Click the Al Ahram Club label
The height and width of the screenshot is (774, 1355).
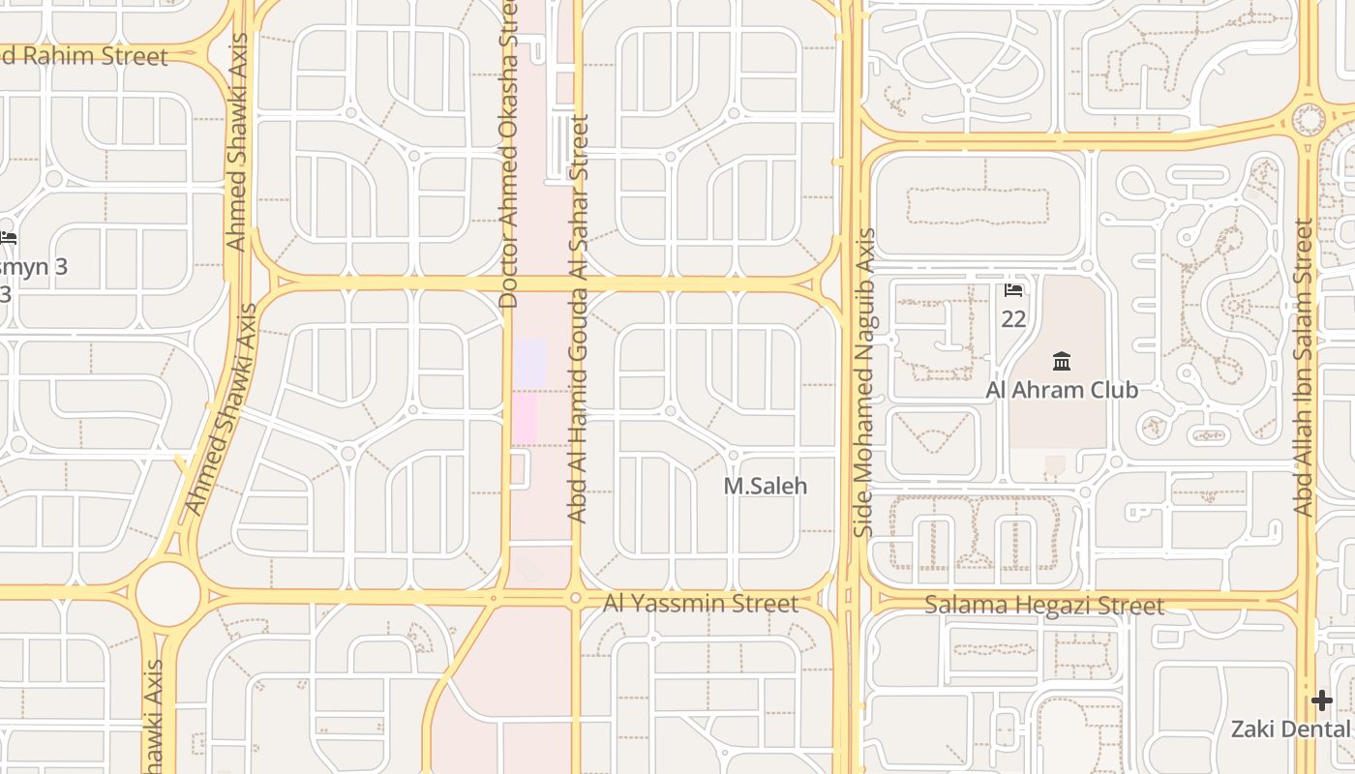(x=1061, y=390)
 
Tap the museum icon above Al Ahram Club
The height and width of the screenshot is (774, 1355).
(x=1062, y=362)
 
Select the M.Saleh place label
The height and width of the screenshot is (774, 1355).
(x=765, y=486)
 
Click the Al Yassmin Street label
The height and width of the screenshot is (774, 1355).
(x=701, y=604)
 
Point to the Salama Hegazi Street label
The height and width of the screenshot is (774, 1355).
(x=1043, y=606)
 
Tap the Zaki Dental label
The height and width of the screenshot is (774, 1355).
(x=1291, y=729)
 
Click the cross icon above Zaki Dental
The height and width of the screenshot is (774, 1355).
(x=1322, y=700)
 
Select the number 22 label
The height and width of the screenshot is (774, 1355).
(x=1013, y=318)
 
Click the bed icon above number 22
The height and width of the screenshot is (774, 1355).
(x=1013, y=289)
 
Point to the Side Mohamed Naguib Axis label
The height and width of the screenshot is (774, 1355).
(x=865, y=382)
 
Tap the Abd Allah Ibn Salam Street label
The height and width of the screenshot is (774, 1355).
(x=1304, y=368)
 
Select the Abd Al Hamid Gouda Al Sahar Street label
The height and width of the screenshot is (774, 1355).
(x=579, y=319)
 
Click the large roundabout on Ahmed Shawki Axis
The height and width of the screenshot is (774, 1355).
(x=167, y=593)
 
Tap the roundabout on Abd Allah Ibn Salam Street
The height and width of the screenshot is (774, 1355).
(x=1309, y=120)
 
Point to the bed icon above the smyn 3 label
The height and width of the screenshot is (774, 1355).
(x=8, y=237)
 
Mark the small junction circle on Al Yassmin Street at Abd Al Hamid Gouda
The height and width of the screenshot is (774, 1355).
(x=576, y=598)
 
